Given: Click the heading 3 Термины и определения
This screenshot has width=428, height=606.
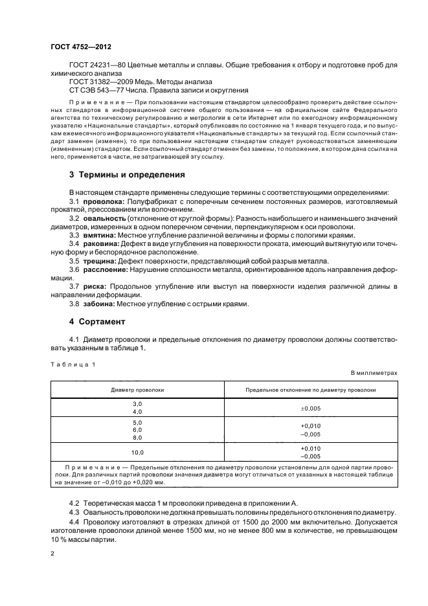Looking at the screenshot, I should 128,175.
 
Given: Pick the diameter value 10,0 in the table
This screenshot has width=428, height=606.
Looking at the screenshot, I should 137,452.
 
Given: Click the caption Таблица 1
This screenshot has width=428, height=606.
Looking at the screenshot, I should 73,364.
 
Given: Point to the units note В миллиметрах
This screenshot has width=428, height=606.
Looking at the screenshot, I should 374,374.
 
